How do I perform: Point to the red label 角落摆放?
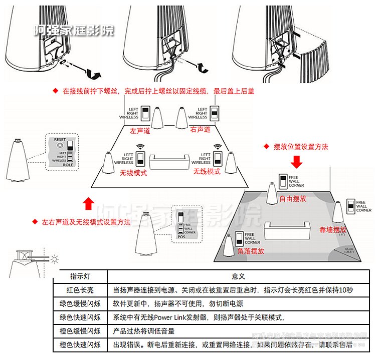[x=251, y=251]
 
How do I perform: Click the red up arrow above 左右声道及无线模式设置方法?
[x=88, y=203]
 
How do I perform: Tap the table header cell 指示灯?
[x=80, y=276]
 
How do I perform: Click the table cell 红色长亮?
[x=80, y=290]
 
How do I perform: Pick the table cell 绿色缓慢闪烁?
[x=80, y=303]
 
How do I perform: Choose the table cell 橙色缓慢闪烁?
[x=80, y=331]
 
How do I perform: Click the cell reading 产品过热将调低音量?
[x=144, y=331]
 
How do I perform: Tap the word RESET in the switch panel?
[x=60, y=140]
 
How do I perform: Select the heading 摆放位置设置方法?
[x=301, y=147]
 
